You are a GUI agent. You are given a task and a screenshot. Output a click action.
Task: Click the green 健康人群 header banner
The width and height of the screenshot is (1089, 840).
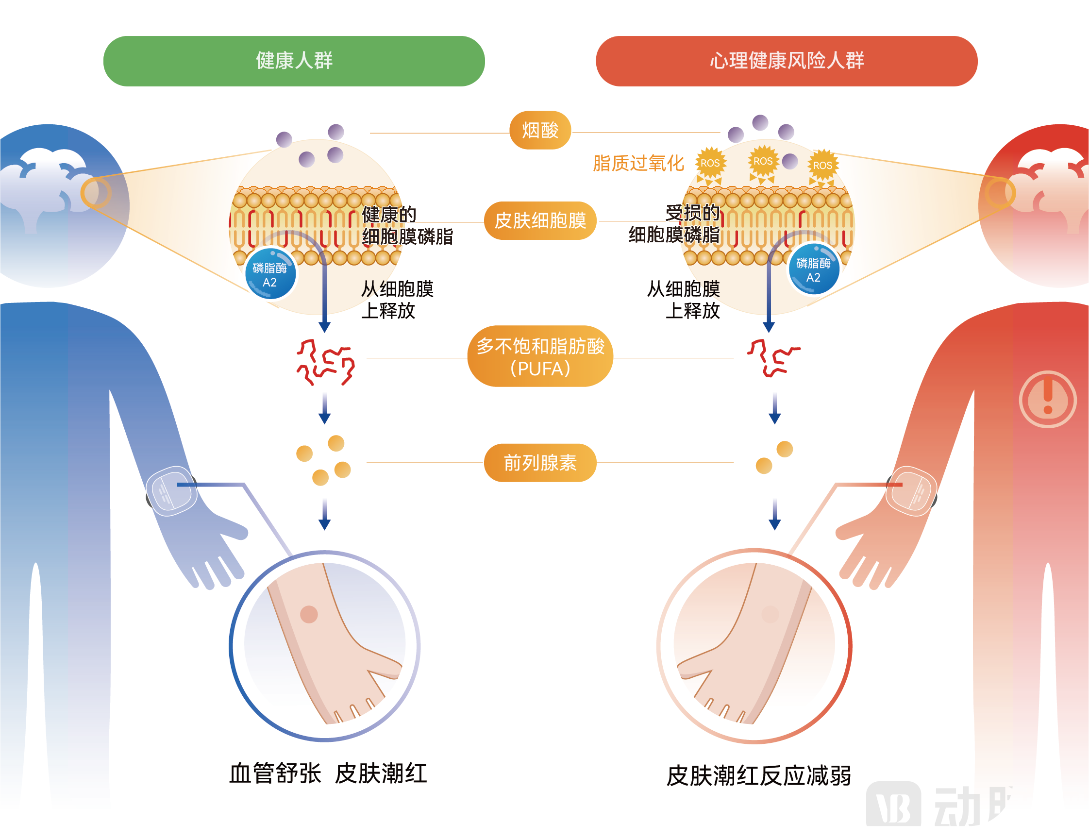click(x=294, y=61)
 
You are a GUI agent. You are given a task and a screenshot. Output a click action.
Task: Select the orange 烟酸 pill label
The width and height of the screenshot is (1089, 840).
click(x=540, y=130)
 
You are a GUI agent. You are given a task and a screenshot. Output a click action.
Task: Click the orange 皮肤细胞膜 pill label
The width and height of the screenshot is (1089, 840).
click(x=540, y=220)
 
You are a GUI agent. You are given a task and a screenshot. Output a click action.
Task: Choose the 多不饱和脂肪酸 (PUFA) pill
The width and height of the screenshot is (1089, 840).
click(x=540, y=356)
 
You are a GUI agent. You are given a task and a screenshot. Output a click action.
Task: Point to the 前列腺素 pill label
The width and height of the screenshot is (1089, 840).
click(x=540, y=462)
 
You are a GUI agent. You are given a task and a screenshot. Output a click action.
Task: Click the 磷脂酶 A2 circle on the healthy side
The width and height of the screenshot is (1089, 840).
click(x=270, y=274)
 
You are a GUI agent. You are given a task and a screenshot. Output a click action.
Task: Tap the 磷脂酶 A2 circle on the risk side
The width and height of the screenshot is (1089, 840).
click(x=813, y=269)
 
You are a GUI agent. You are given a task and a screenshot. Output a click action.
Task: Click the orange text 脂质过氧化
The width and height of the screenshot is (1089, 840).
click(x=638, y=163)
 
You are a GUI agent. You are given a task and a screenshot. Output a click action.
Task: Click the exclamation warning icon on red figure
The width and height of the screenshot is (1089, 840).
click(x=1048, y=399)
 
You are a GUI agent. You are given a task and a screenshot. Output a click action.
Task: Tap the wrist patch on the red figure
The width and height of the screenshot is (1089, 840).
click(x=910, y=491)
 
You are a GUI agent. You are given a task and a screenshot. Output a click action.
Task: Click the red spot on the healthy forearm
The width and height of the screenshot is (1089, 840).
click(x=309, y=614)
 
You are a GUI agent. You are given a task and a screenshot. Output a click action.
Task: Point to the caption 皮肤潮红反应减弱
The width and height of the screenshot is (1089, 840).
click(x=758, y=775)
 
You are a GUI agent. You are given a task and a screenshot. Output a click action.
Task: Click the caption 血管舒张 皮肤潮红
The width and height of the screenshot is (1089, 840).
click(x=328, y=773)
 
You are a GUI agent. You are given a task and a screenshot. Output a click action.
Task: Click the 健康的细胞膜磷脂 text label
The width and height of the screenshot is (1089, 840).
click(x=406, y=225)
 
